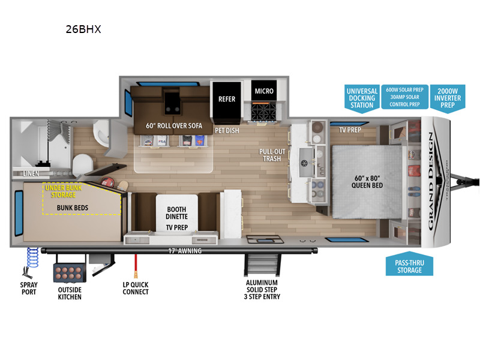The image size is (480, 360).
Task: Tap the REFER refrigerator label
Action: click(x=227, y=99)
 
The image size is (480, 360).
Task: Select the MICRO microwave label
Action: click(x=264, y=91)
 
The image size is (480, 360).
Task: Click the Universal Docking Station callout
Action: click(x=361, y=98)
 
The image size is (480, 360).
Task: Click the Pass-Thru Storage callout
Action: click(x=409, y=266)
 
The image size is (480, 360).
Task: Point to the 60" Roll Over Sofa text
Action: click(x=173, y=127)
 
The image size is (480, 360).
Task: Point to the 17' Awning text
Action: click(x=185, y=251)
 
